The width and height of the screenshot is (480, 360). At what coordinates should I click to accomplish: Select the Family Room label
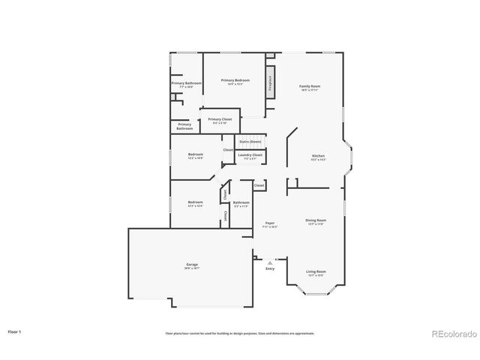310,88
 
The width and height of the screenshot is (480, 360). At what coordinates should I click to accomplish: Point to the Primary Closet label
220,120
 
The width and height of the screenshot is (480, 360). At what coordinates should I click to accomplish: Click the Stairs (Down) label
250,142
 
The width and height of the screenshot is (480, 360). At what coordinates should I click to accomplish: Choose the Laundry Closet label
250,156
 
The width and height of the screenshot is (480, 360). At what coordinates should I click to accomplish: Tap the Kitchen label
319,157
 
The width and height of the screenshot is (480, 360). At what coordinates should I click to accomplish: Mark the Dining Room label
316,221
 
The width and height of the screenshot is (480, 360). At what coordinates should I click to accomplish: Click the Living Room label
316,272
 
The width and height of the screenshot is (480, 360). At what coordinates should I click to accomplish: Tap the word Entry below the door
270,268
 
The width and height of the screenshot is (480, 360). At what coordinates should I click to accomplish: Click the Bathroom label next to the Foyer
241,203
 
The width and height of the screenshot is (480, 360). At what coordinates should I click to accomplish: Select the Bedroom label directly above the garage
195,203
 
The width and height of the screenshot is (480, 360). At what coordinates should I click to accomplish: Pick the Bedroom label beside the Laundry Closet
195,156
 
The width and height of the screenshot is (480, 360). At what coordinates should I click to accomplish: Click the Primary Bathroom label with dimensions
186,85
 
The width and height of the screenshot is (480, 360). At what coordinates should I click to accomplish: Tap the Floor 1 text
15,331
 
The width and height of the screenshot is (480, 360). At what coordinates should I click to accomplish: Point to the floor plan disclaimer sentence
240,333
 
